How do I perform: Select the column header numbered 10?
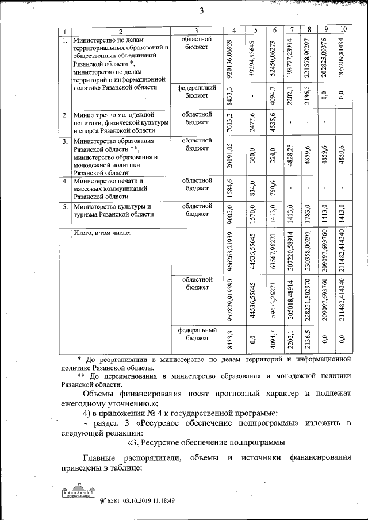coord(343,29)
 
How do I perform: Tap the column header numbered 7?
coord(293,29)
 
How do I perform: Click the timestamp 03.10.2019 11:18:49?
coord(147,500)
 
